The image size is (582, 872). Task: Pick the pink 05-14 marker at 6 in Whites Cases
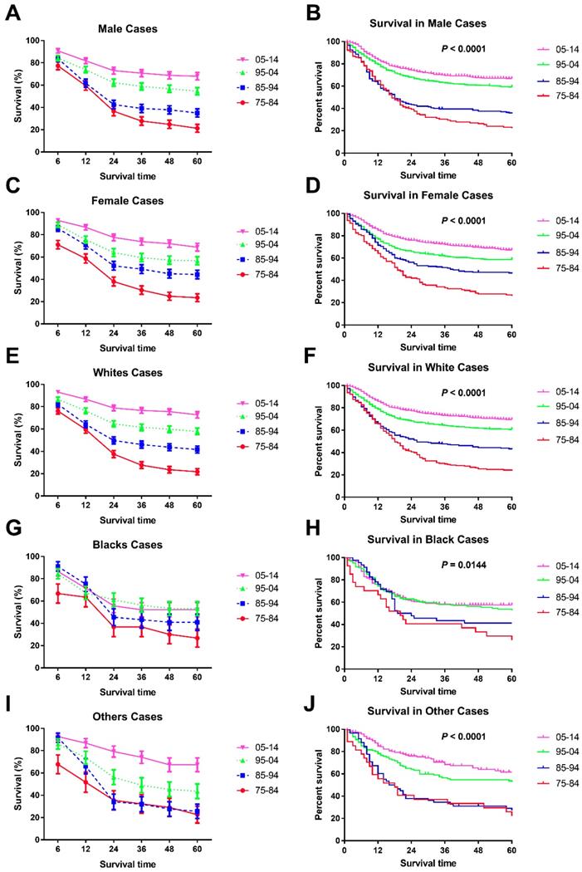57,392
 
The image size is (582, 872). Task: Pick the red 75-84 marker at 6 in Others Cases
57,763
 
